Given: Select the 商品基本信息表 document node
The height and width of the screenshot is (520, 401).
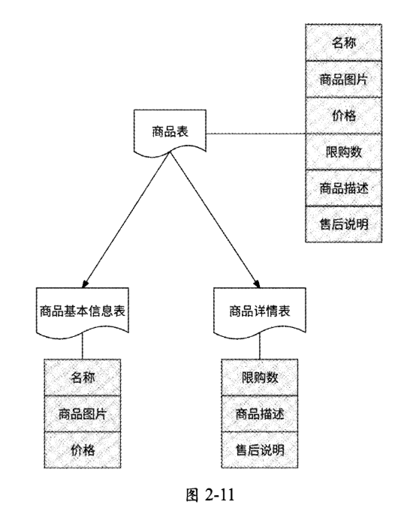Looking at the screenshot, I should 82,311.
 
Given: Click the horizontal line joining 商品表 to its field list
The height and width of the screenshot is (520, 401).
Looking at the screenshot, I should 255,134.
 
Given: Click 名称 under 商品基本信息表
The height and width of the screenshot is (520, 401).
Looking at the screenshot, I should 82,377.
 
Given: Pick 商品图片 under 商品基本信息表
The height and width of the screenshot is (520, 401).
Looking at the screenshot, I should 82,413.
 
